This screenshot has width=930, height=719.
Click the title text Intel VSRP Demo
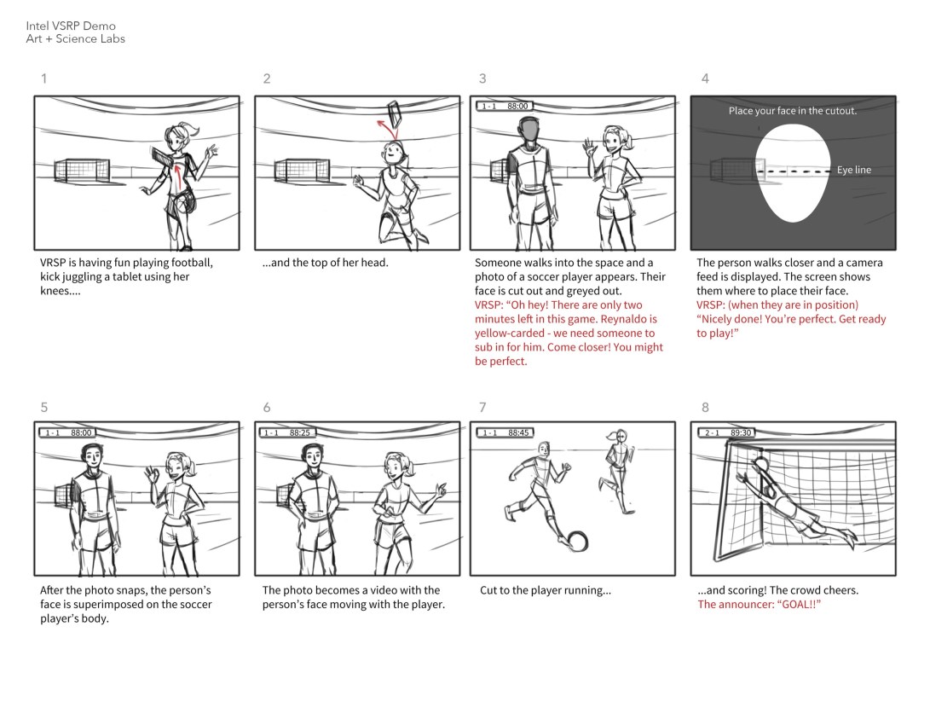pos(71,26)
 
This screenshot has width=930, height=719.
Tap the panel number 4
pos(705,78)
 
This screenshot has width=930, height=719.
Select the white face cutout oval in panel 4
pos(793,173)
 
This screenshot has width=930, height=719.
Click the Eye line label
pos(854,170)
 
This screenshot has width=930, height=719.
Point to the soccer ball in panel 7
pos(577,541)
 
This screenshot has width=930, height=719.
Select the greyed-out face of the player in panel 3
pos(529,130)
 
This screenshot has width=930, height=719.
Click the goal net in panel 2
pos(302,171)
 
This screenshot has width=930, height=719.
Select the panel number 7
pos(482,407)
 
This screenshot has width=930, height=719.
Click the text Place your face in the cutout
pos(793,111)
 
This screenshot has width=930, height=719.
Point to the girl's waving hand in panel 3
pos(588,146)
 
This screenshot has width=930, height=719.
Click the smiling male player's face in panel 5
pos(92,458)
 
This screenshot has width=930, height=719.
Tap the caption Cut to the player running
pos(545,590)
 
